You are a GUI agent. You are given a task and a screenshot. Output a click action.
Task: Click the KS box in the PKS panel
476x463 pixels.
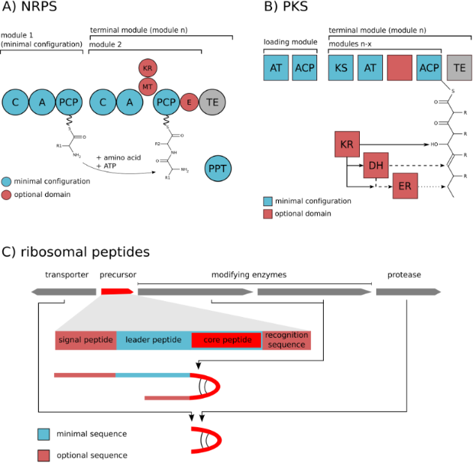pyautogui.click(x=341, y=67)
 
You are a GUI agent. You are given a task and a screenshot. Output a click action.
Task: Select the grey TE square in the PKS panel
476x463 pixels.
pyautogui.click(x=459, y=67)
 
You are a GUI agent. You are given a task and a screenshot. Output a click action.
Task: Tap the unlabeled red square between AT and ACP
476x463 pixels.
pyautogui.click(x=400, y=67)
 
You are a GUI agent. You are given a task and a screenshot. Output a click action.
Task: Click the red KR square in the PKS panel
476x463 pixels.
pyautogui.click(x=347, y=142)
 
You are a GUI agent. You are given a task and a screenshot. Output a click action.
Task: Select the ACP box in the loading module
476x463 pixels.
pyautogui.click(x=305, y=67)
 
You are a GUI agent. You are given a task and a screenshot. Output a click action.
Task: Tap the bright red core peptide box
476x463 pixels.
pyautogui.click(x=226, y=340)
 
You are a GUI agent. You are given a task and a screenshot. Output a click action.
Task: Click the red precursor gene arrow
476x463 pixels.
pyautogui.click(x=116, y=291)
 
